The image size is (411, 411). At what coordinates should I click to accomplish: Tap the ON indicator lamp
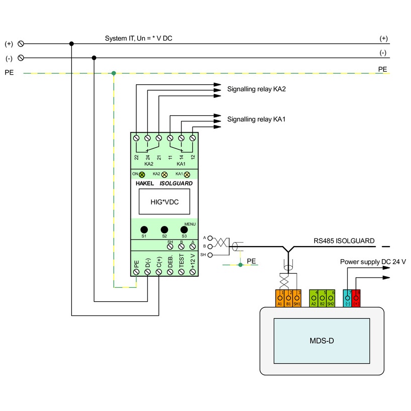coord(141,174)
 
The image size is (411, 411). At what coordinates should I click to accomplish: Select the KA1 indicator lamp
coord(187,174)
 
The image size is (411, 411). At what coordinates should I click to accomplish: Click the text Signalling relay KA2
coord(257,89)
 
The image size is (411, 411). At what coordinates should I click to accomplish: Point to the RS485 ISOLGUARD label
coord(344,241)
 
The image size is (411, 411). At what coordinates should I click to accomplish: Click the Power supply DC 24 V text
coord(373,262)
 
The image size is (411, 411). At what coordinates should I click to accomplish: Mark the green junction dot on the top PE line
coord(114,73)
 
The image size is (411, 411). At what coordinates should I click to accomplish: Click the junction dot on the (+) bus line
coord(72,44)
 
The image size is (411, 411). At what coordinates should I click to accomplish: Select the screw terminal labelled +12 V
coord(192,271)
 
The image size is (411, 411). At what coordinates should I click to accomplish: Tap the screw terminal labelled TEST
coord(181,271)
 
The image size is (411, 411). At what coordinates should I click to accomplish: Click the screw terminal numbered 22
coord(136,137)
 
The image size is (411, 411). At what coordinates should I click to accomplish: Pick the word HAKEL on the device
coord(145,183)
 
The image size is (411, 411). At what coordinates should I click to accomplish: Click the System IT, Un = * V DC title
coord(138,39)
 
